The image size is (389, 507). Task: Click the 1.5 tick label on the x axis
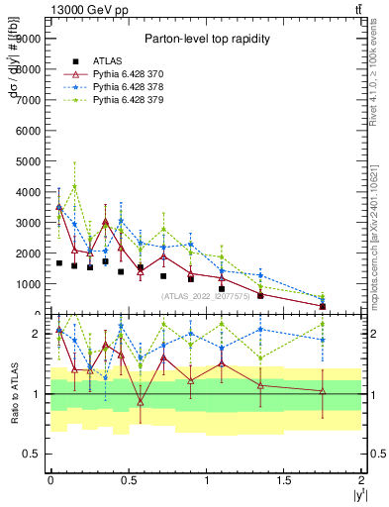pyautogui.click(x=283, y=480)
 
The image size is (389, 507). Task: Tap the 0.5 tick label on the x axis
pyautogui.click(x=128, y=480)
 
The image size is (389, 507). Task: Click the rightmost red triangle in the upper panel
pyautogui.click(x=323, y=306)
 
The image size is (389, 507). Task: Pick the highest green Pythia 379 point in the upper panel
pyautogui.click(x=74, y=186)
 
